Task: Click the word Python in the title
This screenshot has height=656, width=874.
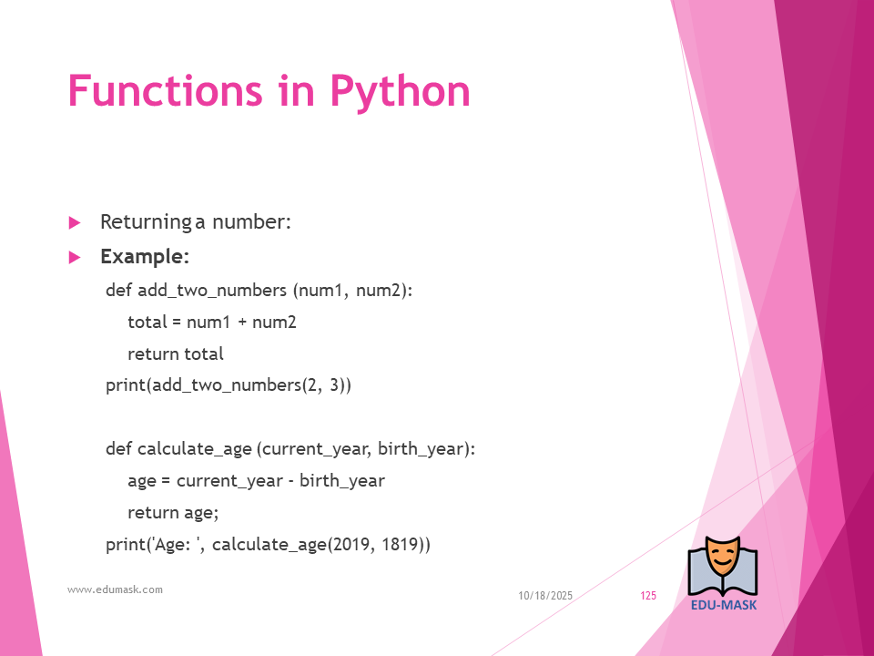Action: tap(401, 91)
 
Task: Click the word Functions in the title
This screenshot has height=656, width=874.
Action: tap(165, 90)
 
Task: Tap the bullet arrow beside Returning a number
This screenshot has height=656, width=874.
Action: tap(75, 223)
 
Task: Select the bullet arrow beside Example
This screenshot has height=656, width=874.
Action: tap(75, 257)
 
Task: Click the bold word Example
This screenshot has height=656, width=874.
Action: tap(145, 257)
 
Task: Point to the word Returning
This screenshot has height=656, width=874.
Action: tap(146, 222)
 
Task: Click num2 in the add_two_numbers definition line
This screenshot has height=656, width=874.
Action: tap(378, 291)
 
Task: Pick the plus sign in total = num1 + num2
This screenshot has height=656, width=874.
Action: tap(242, 323)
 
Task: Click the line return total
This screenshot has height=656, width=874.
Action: tap(176, 354)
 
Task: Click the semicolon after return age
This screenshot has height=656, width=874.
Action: tap(216, 514)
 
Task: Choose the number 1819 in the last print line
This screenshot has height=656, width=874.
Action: tap(400, 545)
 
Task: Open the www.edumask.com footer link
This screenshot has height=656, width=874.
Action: tap(115, 589)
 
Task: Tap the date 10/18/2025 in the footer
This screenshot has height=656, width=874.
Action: tap(545, 596)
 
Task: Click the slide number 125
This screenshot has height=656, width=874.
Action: tap(648, 596)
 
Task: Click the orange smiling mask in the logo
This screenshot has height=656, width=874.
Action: tap(722, 558)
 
